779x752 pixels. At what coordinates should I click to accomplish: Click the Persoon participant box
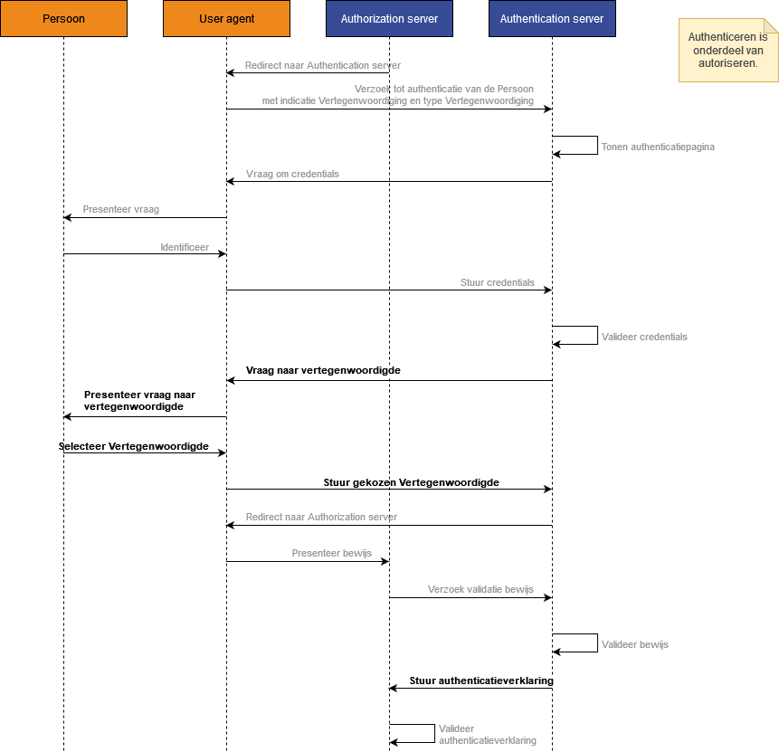click(63, 18)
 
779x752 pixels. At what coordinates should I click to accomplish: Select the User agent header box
click(226, 18)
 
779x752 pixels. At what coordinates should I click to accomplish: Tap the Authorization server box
click(389, 18)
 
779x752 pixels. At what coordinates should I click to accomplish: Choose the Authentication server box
click(552, 18)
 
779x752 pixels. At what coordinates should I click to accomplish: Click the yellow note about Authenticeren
click(728, 50)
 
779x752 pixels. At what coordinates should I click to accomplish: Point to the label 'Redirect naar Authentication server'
click(323, 65)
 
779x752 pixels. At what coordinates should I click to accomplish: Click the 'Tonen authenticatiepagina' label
click(658, 147)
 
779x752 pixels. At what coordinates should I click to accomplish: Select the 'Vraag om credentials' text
click(292, 174)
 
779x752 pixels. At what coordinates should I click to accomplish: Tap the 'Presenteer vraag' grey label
click(120, 209)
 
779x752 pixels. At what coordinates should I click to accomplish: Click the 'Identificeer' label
click(185, 247)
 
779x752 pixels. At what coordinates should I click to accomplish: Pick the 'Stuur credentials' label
click(498, 282)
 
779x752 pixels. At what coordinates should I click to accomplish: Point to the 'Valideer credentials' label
click(644, 337)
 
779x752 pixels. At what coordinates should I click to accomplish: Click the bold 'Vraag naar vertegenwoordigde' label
click(323, 370)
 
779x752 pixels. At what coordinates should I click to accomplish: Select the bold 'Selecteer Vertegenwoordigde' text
click(134, 446)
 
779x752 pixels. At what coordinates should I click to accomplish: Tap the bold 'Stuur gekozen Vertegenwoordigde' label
click(412, 482)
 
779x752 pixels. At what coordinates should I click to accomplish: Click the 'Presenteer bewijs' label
click(331, 553)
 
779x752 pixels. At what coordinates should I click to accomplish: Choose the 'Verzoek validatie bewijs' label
click(480, 589)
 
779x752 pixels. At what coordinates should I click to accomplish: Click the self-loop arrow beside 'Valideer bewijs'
click(597, 643)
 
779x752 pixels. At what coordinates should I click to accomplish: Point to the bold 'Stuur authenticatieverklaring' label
click(481, 681)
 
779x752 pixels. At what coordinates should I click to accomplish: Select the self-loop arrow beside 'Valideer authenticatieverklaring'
click(434, 734)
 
